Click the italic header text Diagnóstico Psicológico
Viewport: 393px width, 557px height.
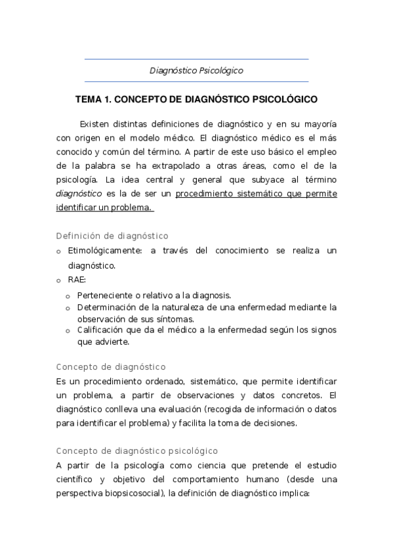[196, 70]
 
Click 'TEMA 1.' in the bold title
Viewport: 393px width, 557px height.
[94, 100]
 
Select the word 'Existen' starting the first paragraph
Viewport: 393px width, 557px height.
[95, 124]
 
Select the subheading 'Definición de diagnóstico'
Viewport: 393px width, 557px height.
[112, 236]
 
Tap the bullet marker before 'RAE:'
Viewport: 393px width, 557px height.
[58, 280]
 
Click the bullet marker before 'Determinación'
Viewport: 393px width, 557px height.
[68, 308]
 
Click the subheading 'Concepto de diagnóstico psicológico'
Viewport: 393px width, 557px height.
[137, 451]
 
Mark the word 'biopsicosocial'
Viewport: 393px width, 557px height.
[134, 493]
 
